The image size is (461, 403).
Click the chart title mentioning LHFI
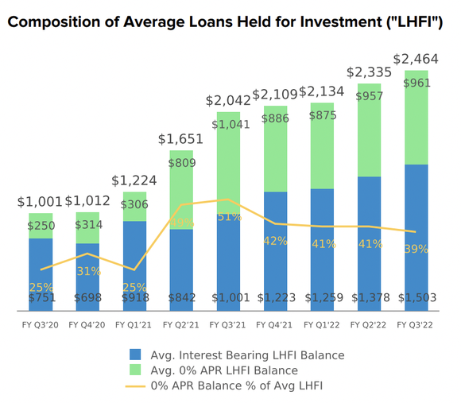[x=225, y=23]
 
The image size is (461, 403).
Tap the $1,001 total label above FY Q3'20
[x=41, y=202]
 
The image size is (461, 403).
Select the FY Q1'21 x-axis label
[x=134, y=324]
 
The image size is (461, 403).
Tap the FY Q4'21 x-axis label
[x=275, y=324]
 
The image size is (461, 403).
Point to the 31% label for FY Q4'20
[x=87, y=271]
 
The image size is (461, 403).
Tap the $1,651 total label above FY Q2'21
[x=181, y=139]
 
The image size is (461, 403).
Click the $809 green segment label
[x=181, y=164]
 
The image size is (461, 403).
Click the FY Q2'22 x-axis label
[x=369, y=324]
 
